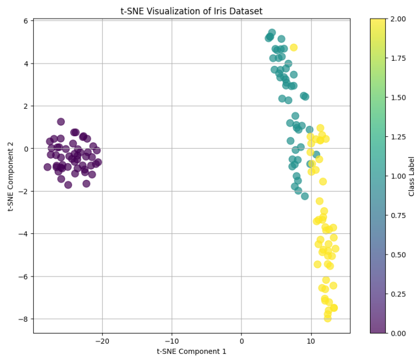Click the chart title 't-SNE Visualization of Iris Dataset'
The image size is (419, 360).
(x=191, y=11)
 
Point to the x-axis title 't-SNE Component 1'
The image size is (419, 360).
(x=191, y=352)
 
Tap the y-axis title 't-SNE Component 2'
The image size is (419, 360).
(x=11, y=176)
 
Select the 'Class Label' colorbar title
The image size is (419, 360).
(x=412, y=176)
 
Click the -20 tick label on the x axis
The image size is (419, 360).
(x=102, y=341)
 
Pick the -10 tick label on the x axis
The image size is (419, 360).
(x=171, y=341)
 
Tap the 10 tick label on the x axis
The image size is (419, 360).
(x=311, y=341)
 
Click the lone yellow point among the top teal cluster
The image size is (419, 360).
(x=293, y=47)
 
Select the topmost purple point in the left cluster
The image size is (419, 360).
(x=61, y=122)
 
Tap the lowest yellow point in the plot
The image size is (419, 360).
(x=328, y=318)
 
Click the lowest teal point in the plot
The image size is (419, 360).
(x=305, y=196)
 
